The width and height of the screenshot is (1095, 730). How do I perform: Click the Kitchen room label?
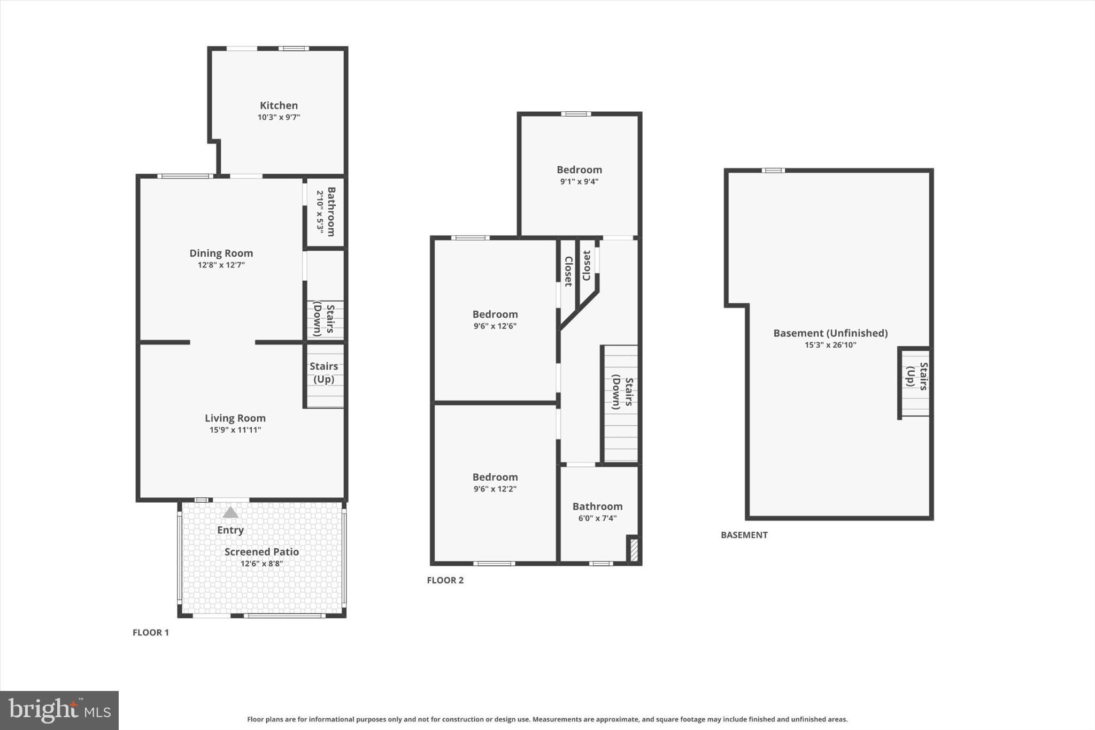(279, 105)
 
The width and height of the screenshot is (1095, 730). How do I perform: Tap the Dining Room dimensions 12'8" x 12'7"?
(221, 265)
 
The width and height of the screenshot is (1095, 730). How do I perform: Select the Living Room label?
(235, 418)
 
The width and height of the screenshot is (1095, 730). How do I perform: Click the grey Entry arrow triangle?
(230, 512)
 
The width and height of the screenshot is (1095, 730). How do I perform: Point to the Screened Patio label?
(261, 551)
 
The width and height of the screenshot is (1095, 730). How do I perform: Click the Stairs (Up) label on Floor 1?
(323, 372)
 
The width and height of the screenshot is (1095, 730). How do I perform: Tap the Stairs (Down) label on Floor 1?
(323, 319)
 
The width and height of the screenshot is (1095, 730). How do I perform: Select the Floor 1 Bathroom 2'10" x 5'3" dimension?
(320, 212)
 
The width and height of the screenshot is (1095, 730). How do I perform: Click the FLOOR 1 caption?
(151, 632)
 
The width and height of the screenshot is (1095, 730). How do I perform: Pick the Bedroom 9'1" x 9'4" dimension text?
(579, 181)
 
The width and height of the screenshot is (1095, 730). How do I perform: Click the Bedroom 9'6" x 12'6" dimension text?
(495, 326)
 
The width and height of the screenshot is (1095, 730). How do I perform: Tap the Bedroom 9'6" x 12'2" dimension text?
(495, 489)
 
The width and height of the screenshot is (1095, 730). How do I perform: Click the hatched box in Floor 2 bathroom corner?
(634, 550)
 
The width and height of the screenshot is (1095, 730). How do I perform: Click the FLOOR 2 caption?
(445, 580)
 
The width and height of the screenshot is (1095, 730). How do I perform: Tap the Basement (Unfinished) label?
(830, 333)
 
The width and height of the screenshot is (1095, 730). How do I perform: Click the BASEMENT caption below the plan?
(744, 535)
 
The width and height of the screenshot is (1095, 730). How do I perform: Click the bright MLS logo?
(59, 710)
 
